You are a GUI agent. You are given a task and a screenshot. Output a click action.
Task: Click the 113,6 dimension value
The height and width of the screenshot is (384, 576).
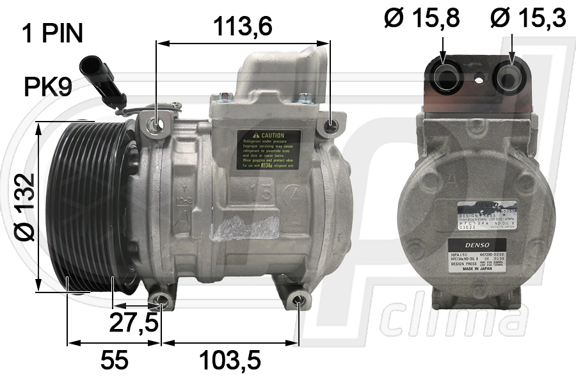point(243,26)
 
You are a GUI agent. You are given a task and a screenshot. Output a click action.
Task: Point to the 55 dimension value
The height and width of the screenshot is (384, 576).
point(115,361)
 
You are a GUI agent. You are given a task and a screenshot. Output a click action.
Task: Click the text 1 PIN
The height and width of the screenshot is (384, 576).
point(52,34)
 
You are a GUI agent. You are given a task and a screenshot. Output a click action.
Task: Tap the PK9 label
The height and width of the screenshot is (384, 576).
point(47,88)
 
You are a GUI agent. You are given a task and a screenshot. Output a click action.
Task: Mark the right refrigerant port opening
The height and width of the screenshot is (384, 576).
point(511,77)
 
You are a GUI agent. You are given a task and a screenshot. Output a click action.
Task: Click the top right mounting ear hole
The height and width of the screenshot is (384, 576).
point(330,128)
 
